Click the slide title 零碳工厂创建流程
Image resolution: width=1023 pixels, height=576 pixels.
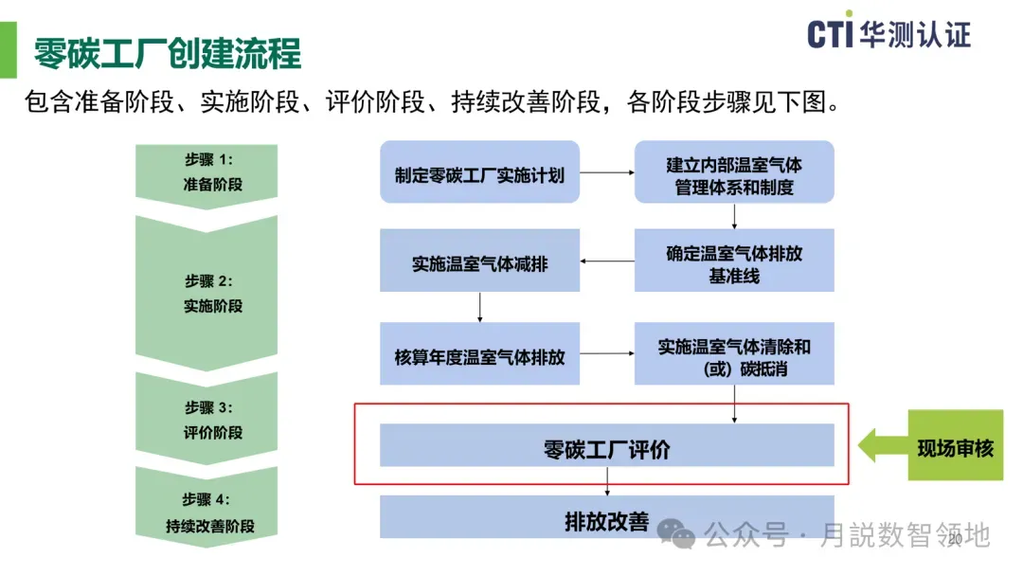pos(168,53)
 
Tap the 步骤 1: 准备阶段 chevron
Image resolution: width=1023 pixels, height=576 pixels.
pos(206,172)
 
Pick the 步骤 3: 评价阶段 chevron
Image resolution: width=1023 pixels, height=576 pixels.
pos(206,420)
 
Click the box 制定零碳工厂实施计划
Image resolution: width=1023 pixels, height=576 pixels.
pos(478,173)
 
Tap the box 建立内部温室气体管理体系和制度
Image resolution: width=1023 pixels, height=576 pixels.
pos(734,173)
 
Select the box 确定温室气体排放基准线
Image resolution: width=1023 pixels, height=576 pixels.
pos(734,261)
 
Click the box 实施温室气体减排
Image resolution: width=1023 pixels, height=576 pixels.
pos(479,262)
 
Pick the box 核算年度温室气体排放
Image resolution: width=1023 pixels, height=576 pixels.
pos(479,355)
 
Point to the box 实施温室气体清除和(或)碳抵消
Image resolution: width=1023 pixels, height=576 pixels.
pos(734,355)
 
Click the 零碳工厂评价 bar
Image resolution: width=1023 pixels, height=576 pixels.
pos(606,446)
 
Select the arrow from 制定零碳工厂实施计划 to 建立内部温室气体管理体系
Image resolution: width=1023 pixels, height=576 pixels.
pos(606,173)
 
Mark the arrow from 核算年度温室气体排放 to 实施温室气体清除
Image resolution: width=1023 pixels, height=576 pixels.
pos(607,353)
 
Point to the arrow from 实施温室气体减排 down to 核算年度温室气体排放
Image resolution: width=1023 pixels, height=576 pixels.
pos(480,307)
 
